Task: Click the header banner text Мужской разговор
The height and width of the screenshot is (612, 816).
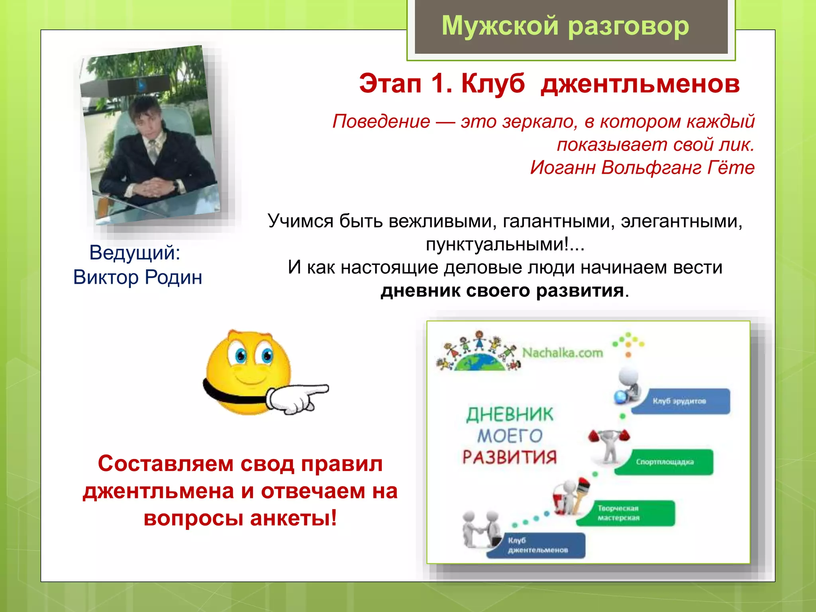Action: click(x=565, y=26)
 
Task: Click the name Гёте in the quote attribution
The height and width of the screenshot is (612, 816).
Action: click(x=731, y=167)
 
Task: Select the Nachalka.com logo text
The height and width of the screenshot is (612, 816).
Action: click(x=562, y=353)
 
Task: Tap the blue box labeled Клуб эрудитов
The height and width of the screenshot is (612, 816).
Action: click(x=681, y=401)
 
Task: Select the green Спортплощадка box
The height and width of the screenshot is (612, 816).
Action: click(x=665, y=462)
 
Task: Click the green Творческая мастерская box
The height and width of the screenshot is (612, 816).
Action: click(x=626, y=513)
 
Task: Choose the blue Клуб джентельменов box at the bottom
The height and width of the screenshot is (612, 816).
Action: click(x=536, y=545)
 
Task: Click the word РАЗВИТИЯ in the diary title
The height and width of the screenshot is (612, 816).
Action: click(x=510, y=457)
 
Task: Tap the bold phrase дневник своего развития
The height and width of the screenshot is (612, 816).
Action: click(x=502, y=290)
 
